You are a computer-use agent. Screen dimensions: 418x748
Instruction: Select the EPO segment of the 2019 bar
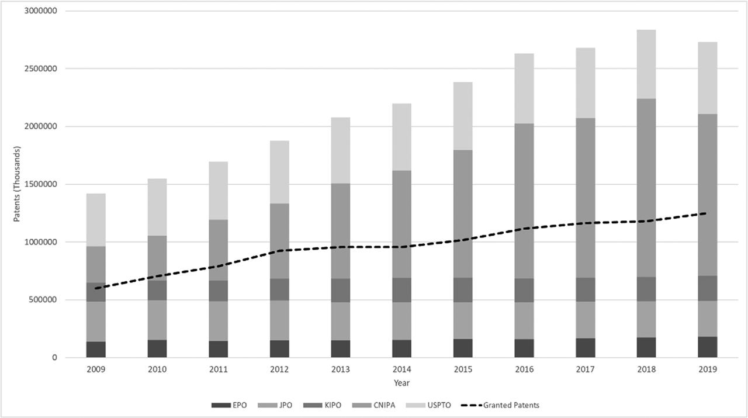point(708,347)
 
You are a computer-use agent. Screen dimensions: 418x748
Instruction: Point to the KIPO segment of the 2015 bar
point(463,290)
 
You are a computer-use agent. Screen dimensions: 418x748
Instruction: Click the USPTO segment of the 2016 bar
point(524,88)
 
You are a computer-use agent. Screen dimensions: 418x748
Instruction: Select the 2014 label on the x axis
point(401,369)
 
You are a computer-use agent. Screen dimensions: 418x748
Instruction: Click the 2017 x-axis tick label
point(585,369)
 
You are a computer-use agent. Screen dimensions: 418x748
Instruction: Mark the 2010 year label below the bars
point(157,369)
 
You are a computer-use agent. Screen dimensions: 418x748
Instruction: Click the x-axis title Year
point(401,383)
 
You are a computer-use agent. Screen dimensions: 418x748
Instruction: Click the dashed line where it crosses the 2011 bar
point(218,266)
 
